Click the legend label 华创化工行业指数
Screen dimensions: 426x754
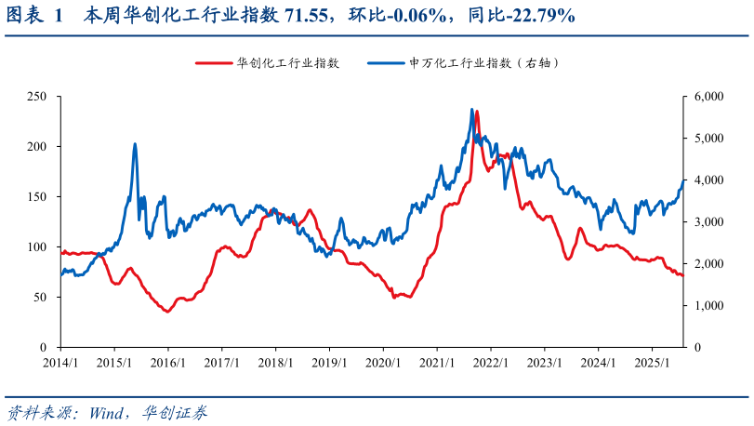pyautogui.click(x=287, y=63)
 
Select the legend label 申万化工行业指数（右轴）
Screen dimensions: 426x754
pyautogui.click(x=483, y=63)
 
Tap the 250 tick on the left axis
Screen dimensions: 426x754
pyautogui.click(x=37, y=97)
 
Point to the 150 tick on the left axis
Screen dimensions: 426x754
pyautogui.click(x=37, y=197)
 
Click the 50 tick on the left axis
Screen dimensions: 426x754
pyautogui.click(x=40, y=298)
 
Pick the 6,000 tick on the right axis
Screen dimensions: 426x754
pyautogui.click(x=709, y=97)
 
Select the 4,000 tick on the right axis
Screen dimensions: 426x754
pyautogui.click(x=709, y=180)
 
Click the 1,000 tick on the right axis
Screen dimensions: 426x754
pyautogui.click(x=709, y=306)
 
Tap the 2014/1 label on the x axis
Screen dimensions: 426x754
pyautogui.click(x=60, y=363)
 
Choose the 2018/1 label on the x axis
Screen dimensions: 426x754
pyautogui.click(x=275, y=363)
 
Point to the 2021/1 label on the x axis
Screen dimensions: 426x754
pyautogui.click(x=437, y=363)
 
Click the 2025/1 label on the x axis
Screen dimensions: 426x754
pyautogui.click(x=653, y=363)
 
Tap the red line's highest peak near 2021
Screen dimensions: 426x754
pyautogui.click(x=476, y=112)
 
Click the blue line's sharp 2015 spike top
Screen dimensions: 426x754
pyautogui.click(x=136, y=144)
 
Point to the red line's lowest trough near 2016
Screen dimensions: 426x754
pyautogui.click(x=166, y=312)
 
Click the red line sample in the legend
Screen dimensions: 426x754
pyautogui.click(x=213, y=63)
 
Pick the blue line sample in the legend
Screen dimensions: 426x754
pyautogui.click(x=385, y=63)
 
